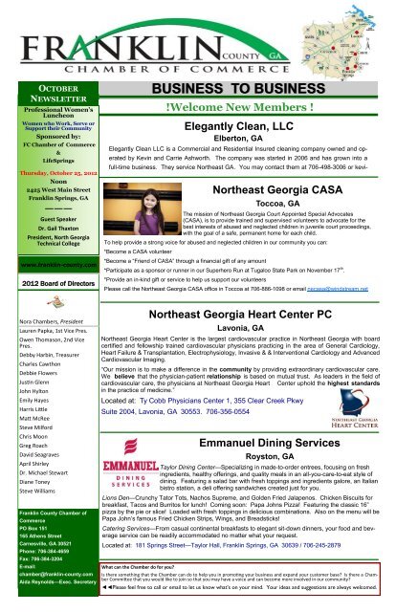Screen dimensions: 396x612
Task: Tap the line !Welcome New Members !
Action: pyautogui.click(x=240, y=107)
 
